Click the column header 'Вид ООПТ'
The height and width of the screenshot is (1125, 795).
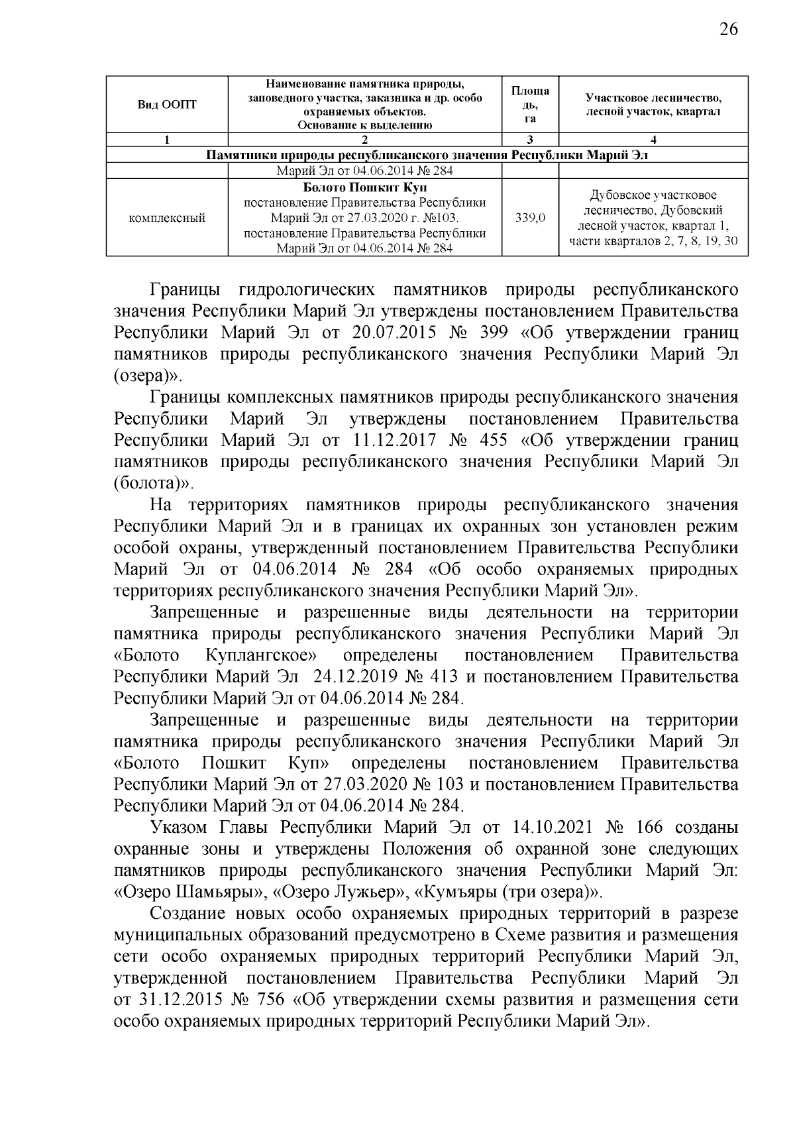(x=167, y=105)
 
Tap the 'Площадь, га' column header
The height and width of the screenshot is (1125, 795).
(x=530, y=104)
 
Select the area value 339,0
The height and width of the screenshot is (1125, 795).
(x=530, y=218)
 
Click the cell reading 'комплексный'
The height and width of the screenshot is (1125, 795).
(x=167, y=218)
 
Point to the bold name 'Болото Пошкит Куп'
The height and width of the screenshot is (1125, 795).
(x=364, y=188)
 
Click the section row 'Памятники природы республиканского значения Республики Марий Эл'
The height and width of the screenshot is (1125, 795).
(x=427, y=155)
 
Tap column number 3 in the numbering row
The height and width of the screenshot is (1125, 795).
(x=530, y=140)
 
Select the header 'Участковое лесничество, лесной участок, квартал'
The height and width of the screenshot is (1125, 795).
(x=653, y=105)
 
